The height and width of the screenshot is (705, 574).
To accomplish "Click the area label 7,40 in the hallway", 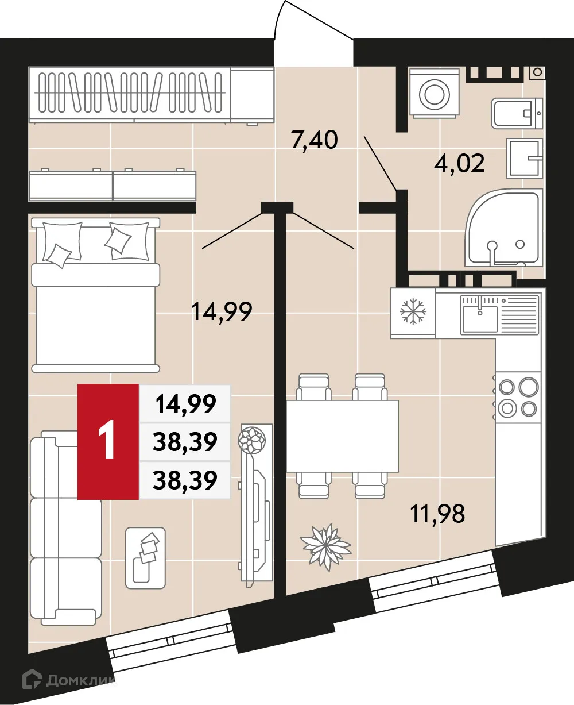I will [314, 140].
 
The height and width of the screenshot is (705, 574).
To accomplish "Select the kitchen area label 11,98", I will [437, 513].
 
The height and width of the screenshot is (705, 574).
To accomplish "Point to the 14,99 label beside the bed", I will [222, 312].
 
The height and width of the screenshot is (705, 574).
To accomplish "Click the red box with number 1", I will [108, 441].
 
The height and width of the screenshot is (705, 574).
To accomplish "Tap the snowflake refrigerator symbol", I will [412, 312].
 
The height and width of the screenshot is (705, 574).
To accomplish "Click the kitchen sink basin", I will [480, 319].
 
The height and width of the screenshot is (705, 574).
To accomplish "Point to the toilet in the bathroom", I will [517, 113].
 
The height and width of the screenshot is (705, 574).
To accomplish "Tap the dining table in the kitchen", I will [343, 435].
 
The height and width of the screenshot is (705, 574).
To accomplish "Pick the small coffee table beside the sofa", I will [146, 557].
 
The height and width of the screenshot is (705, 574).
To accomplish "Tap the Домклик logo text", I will [80, 681].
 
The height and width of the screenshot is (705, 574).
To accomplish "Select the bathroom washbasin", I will [523, 158].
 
